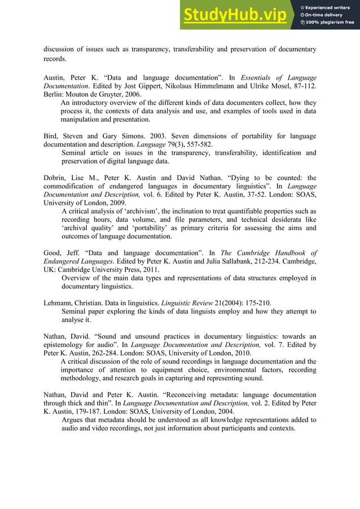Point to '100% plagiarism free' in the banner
pos(330,23)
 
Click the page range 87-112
pos(303,86)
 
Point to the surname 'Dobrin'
pos(55,178)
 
